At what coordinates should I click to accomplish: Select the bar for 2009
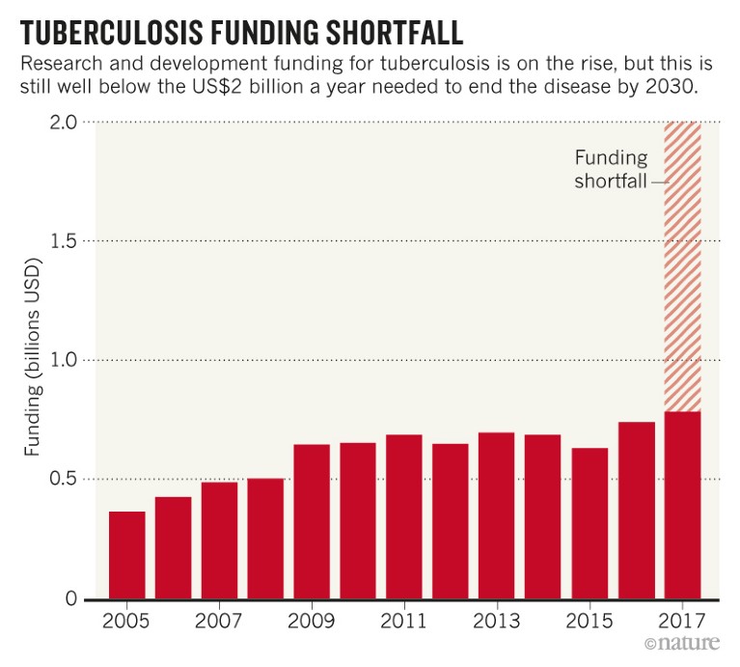(x=312, y=521)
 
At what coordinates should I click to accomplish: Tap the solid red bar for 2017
(x=682, y=505)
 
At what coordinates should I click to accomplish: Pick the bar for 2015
(x=589, y=523)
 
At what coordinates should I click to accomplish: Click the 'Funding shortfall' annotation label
(x=611, y=169)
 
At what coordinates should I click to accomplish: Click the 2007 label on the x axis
(x=219, y=621)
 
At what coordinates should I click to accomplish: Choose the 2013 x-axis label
(x=497, y=621)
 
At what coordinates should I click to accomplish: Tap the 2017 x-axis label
(x=682, y=621)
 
